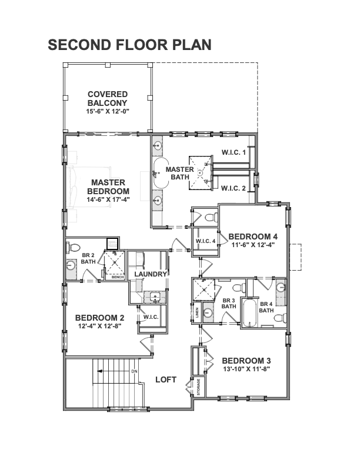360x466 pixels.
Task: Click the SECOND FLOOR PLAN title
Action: [x=129, y=45]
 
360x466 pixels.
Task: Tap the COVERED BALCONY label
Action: [x=108, y=99]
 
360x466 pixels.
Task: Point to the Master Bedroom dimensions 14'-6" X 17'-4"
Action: [x=108, y=199]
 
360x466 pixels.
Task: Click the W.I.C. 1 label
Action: [x=234, y=152]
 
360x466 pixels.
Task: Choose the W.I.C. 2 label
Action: [x=234, y=188]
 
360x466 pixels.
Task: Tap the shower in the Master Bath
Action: [x=201, y=172]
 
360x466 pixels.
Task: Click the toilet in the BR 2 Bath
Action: [x=74, y=247]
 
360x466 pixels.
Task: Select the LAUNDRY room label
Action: [x=151, y=274]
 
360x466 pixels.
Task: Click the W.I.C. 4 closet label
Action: [x=205, y=241]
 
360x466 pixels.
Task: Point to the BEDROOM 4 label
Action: [x=253, y=237]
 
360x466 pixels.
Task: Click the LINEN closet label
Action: [x=197, y=312]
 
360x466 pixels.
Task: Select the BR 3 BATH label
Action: [x=229, y=304]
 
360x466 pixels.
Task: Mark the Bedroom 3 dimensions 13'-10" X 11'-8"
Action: [x=246, y=369]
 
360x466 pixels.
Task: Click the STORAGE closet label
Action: [x=198, y=387]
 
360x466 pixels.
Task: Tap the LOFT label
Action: [x=166, y=380]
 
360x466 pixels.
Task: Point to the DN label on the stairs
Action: [x=135, y=371]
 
